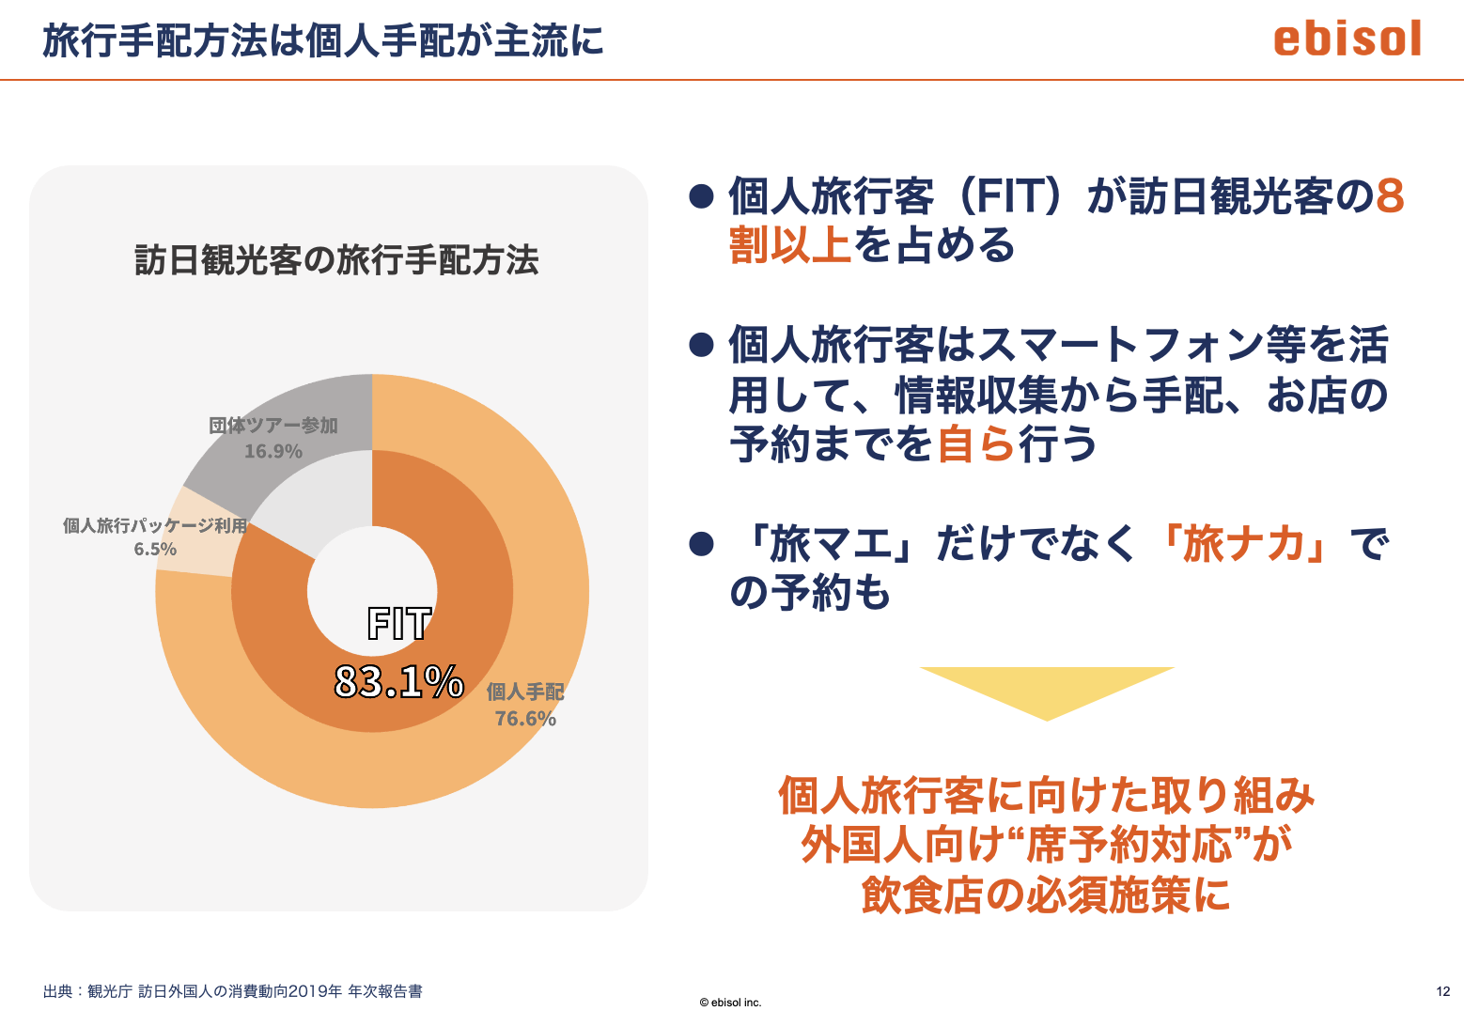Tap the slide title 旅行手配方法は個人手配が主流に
point(323,40)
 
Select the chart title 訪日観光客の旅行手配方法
point(336,260)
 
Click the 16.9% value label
point(273,451)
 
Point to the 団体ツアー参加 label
point(273,426)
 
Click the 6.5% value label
point(156,549)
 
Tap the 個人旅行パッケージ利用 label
point(155,525)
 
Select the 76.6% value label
point(525,718)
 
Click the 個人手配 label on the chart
point(525,692)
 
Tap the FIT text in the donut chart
point(398,623)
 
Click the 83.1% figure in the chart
point(398,681)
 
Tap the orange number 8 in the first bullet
point(1390,195)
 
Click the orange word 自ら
point(976,443)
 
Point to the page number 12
point(1443,991)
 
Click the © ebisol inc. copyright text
point(730,1003)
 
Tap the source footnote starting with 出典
point(233,991)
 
